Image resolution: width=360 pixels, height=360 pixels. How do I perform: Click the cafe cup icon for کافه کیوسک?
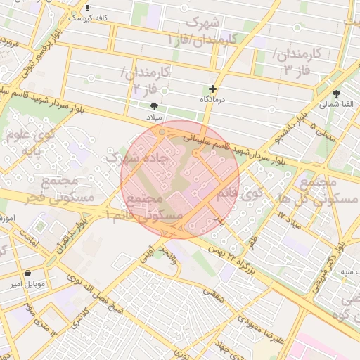tap(88, 8)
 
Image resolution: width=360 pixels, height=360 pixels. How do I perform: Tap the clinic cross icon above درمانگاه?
tap(212, 89)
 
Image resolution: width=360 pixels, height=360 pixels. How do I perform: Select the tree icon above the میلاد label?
tap(154, 105)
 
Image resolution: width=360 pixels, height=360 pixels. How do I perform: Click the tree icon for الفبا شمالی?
tap(337, 93)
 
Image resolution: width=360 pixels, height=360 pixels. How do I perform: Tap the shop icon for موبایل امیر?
tap(27, 273)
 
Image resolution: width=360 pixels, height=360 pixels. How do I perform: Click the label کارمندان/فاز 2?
tap(146, 80)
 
